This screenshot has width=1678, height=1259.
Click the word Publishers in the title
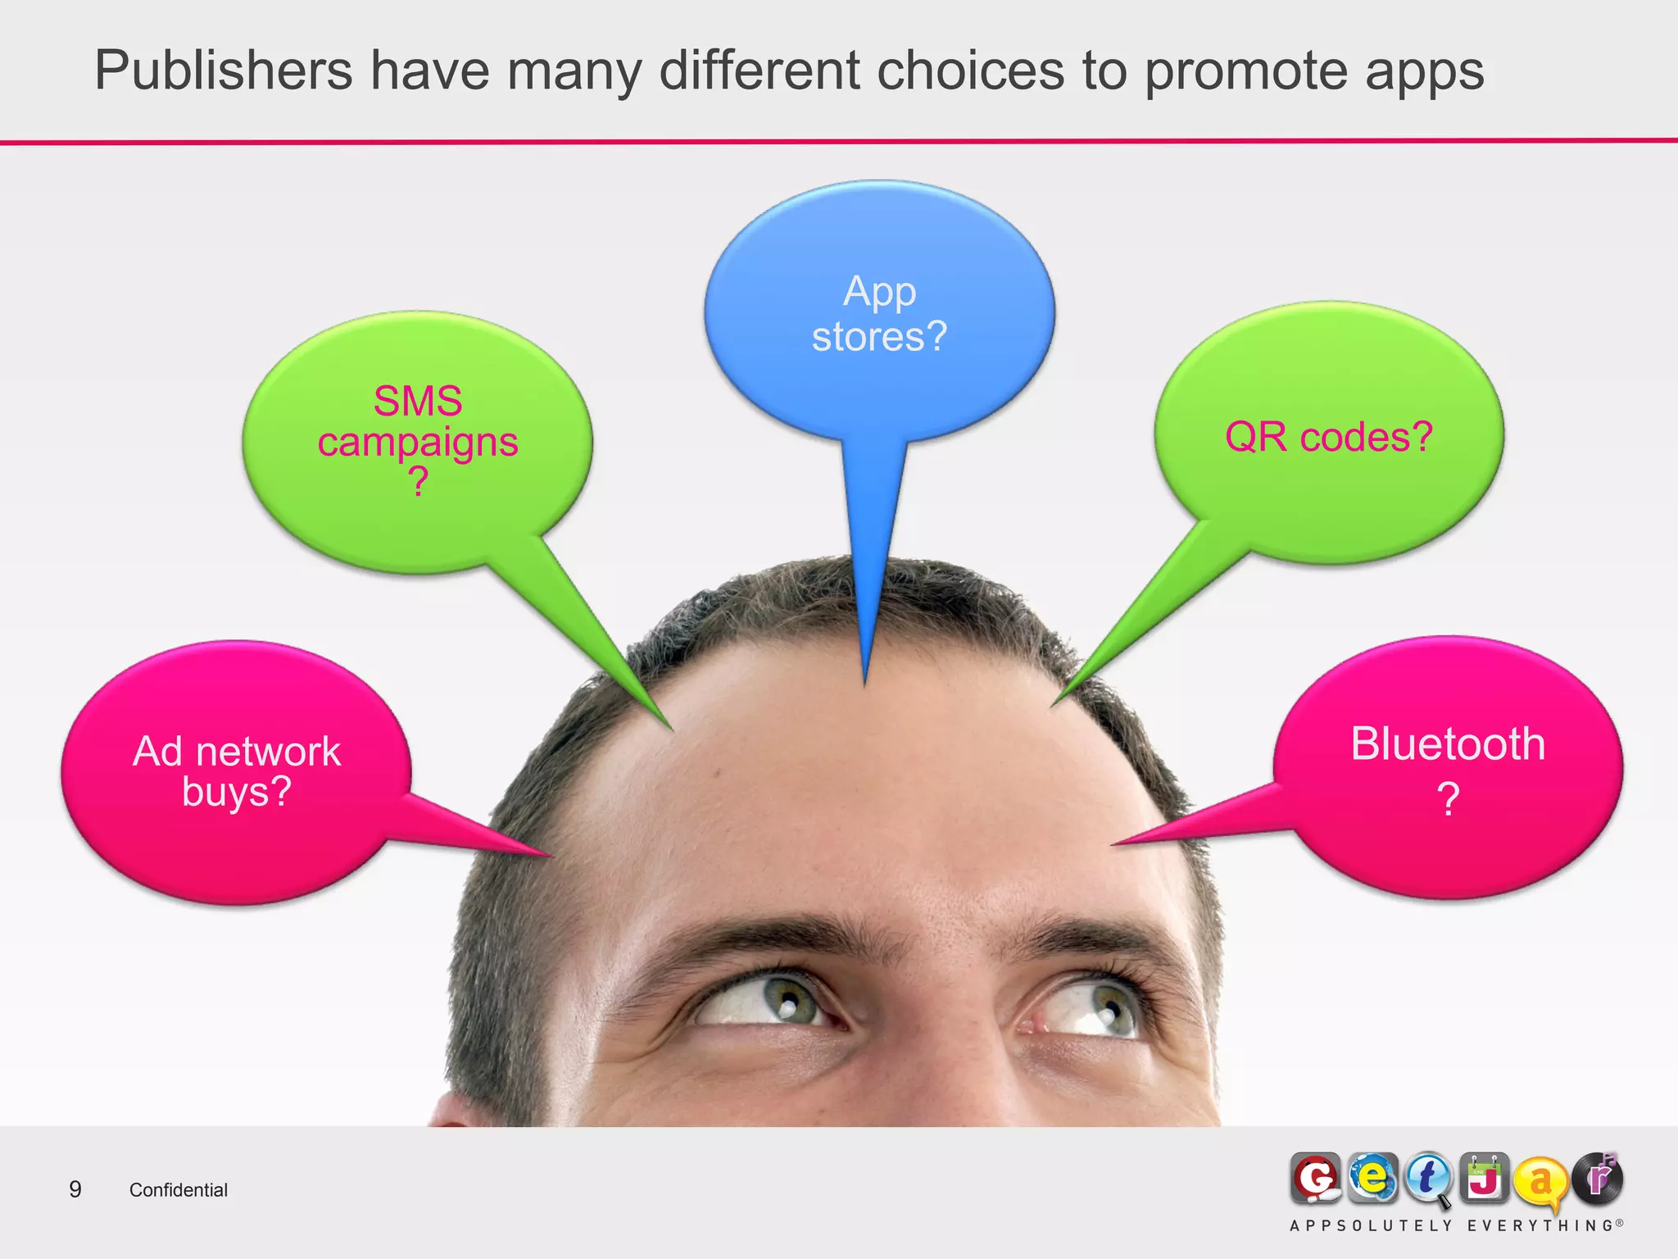(223, 70)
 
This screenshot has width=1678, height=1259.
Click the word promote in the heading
(1245, 72)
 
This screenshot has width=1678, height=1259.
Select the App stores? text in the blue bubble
(879, 314)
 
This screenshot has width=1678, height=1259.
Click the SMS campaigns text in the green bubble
(418, 422)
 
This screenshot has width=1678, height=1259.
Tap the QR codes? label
(1328, 437)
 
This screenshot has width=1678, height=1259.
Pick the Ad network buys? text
(237, 771)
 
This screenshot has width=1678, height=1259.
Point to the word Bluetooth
(1448, 744)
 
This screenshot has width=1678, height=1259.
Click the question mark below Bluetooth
(1448, 798)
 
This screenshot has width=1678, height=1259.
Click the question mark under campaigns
(418, 482)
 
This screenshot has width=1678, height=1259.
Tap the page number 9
(75, 1189)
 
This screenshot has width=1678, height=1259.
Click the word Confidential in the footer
(179, 1190)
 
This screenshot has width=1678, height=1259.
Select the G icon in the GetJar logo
(1316, 1179)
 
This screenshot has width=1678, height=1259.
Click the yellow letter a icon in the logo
(1540, 1181)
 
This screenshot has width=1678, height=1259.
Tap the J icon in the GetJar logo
(1485, 1179)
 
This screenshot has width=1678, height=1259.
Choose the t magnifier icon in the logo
(1428, 1179)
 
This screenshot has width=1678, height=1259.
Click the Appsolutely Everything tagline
(1456, 1226)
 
